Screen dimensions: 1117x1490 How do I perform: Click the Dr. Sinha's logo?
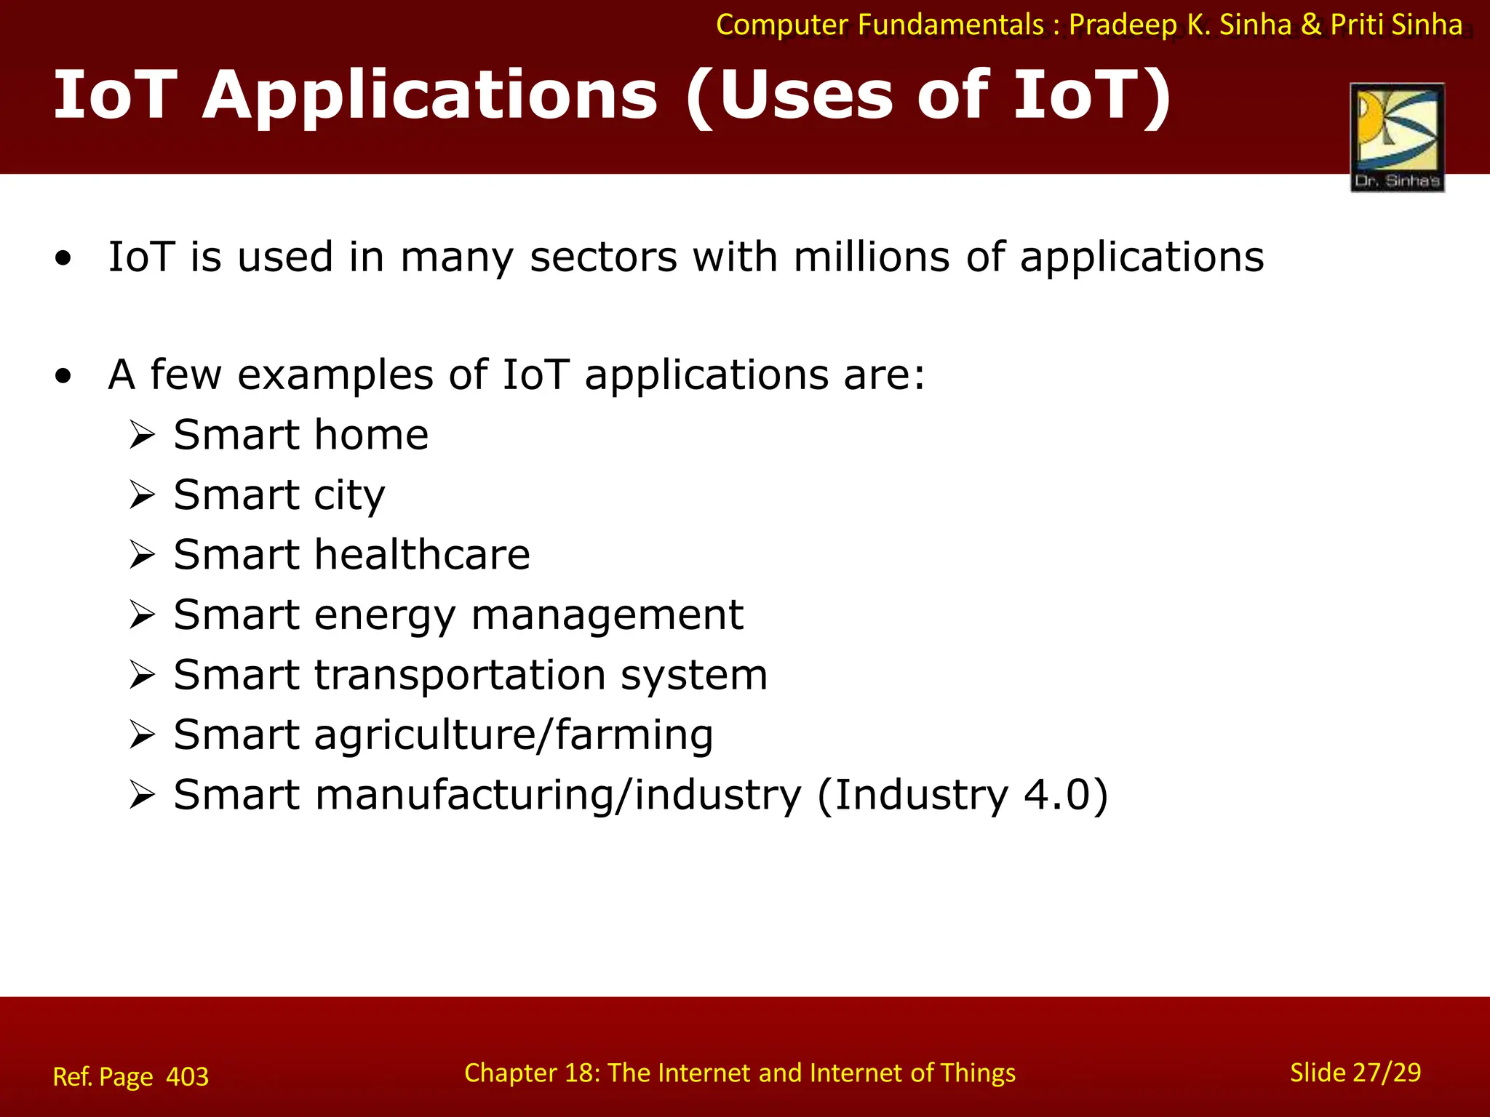pyautogui.click(x=1397, y=137)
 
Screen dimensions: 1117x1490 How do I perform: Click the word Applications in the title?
pyautogui.click(x=430, y=96)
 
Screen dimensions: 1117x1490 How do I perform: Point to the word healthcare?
pyautogui.click(x=423, y=555)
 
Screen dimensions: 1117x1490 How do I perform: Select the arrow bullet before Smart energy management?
pyautogui.click(x=143, y=615)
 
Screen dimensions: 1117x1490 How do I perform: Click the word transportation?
pyautogui.click(x=460, y=675)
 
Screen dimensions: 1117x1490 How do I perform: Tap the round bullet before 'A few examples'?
pyautogui.click(x=64, y=376)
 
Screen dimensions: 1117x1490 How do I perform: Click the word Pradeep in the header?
pyautogui.click(x=1123, y=25)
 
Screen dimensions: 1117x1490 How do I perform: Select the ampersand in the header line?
pyautogui.click(x=1311, y=25)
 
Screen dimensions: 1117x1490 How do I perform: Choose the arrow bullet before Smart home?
pyautogui.click(x=143, y=436)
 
